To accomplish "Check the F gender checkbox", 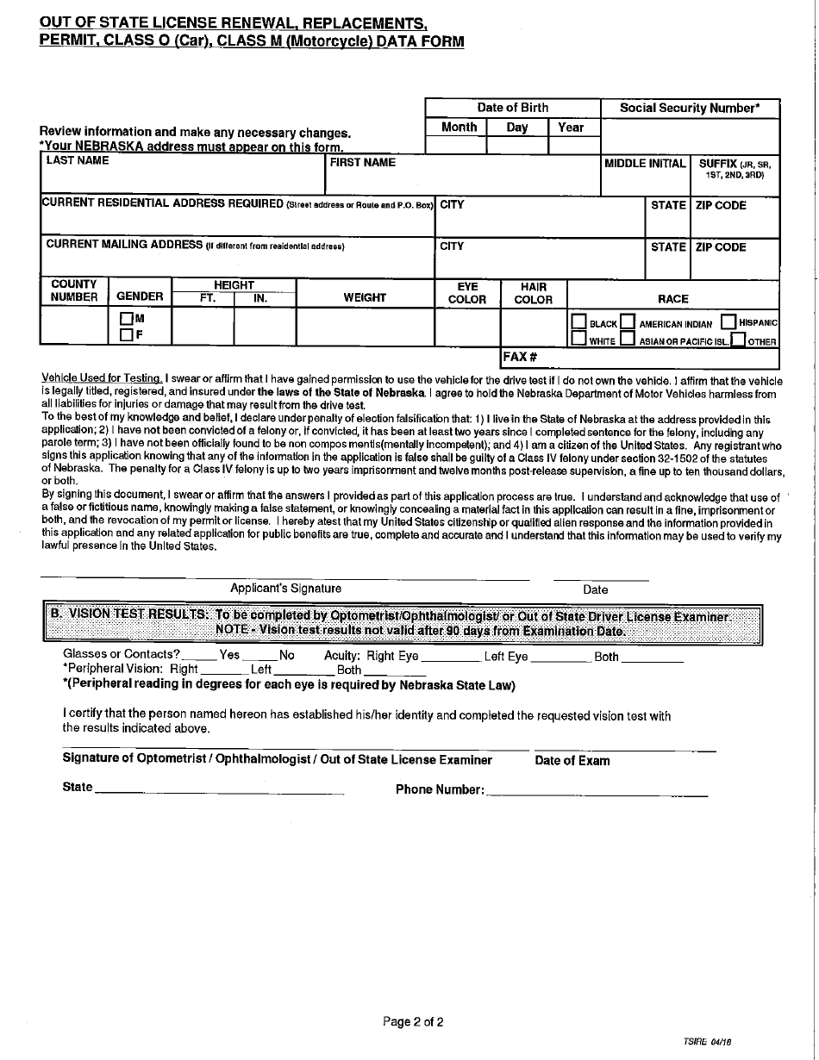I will coord(126,335).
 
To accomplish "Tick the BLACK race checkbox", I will coord(578,323).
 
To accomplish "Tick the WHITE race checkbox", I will coord(578,340).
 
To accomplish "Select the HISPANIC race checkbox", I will coord(728,322).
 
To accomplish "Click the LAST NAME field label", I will coord(78,161).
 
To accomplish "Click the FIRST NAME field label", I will coord(363,162).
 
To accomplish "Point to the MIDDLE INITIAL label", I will coord(645,163).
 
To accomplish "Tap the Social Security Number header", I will coord(690,108).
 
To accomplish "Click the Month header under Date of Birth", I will coord(459,128).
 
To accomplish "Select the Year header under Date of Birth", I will coord(571,128).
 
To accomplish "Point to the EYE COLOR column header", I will coord(467,293).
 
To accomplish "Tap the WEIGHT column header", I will coord(365,297).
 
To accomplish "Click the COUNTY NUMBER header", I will coord(74,290).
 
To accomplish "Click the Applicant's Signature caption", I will coord(285,589).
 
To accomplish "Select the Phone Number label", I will coord(440,789).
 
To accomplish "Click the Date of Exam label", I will coord(572,761).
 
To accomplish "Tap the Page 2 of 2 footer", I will coord(413,1023).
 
